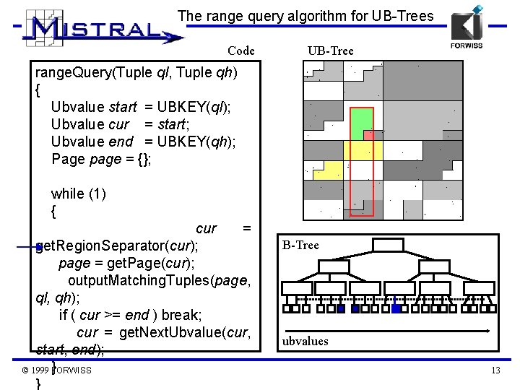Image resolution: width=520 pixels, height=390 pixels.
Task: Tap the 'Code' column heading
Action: click(240, 51)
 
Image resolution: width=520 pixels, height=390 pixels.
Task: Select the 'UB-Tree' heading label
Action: click(329, 51)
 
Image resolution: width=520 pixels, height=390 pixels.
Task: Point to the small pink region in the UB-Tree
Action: click(368, 135)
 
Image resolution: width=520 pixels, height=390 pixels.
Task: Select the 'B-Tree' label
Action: click(300, 246)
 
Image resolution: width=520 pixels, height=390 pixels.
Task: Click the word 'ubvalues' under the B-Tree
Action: click(305, 341)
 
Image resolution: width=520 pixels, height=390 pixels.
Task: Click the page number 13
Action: click(495, 370)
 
